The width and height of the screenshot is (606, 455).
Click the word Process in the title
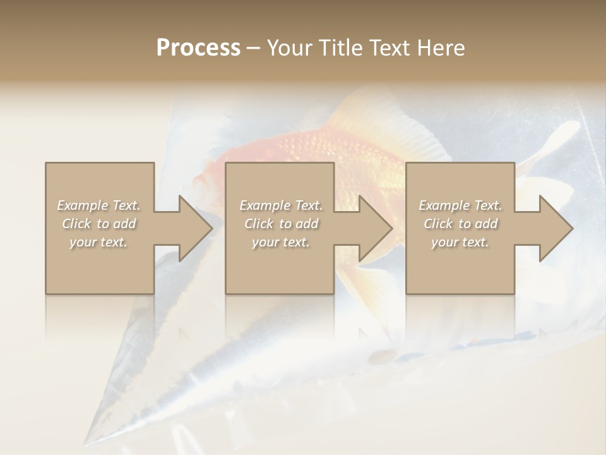[198, 48]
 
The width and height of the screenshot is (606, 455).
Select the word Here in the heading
[440, 48]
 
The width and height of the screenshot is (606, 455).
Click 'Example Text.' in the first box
[99, 205]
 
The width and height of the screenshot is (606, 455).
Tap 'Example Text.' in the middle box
[281, 205]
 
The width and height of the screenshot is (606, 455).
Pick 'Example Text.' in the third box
[460, 205]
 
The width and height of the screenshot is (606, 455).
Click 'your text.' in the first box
[98, 242]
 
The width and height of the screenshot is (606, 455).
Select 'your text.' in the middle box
[280, 242]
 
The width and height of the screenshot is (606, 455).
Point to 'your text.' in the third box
[460, 242]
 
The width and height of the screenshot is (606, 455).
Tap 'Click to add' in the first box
[99, 224]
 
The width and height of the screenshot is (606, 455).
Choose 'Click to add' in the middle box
[281, 224]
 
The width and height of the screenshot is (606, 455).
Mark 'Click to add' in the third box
[460, 224]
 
